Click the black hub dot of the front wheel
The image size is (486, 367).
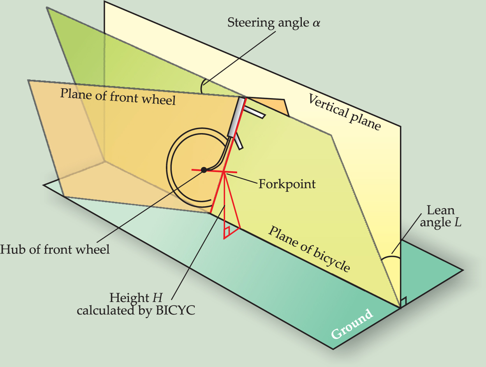[x=204, y=170]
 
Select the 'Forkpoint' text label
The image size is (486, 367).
[x=287, y=183]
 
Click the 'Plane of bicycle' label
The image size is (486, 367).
[x=309, y=248]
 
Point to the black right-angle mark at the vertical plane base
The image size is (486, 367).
[x=403, y=302]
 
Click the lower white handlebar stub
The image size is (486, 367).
[x=239, y=141]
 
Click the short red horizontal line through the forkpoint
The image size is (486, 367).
[x=214, y=171]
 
